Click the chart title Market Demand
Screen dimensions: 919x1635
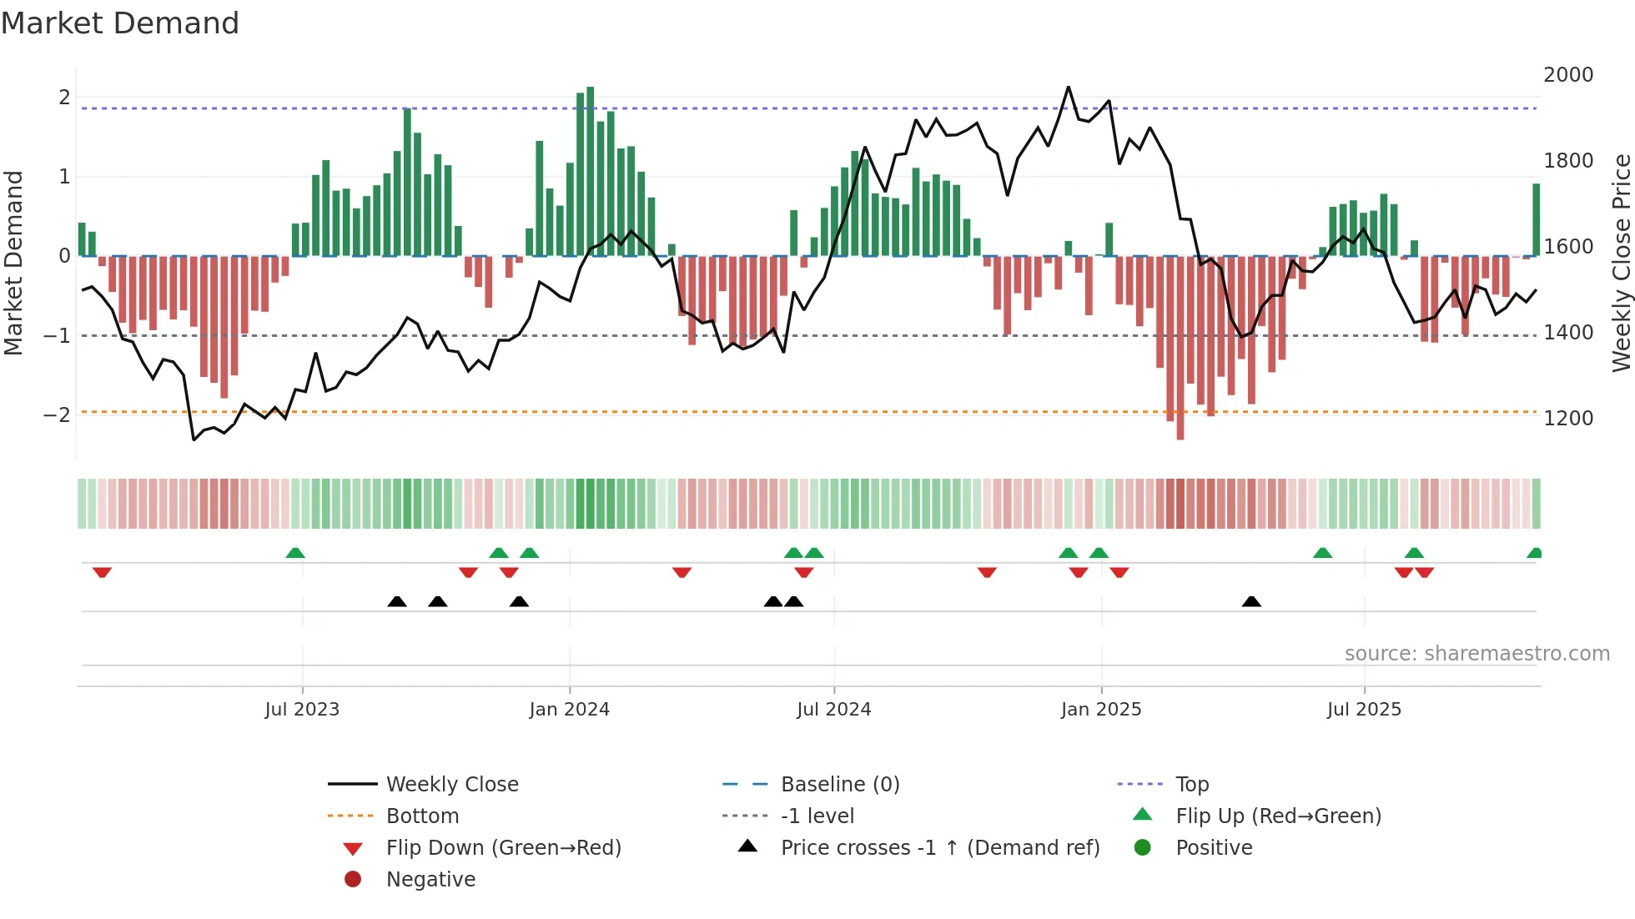(x=120, y=23)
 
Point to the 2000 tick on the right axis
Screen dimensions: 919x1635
(x=1567, y=75)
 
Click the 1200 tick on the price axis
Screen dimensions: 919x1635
(x=1567, y=419)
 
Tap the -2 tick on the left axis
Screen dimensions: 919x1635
(x=57, y=415)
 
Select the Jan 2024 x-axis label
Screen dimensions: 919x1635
(x=569, y=710)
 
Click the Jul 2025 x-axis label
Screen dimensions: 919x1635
(x=1364, y=710)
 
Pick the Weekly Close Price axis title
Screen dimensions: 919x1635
(x=1621, y=263)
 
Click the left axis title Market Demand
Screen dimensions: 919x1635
(x=13, y=263)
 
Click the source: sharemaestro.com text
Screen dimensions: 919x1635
(x=1477, y=654)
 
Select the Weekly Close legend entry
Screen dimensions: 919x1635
(x=451, y=785)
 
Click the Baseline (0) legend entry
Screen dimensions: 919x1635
(x=839, y=785)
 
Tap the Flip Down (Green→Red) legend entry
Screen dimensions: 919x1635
(x=503, y=848)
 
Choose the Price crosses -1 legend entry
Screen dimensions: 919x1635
(x=939, y=848)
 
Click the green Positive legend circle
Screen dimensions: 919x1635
(x=1143, y=848)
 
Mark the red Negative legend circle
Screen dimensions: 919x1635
(x=353, y=880)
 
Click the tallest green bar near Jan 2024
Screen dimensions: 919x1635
(x=591, y=171)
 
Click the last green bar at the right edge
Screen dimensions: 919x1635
(x=1536, y=219)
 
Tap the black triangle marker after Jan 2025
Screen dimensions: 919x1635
(x=1251, y=602)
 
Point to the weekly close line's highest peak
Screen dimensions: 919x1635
(x=1068, y=87)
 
